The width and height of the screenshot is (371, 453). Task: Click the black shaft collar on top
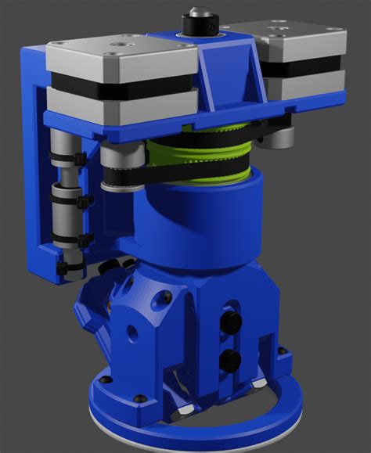tap(193, 21)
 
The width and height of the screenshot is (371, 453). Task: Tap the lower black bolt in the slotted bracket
tap(230, 360)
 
